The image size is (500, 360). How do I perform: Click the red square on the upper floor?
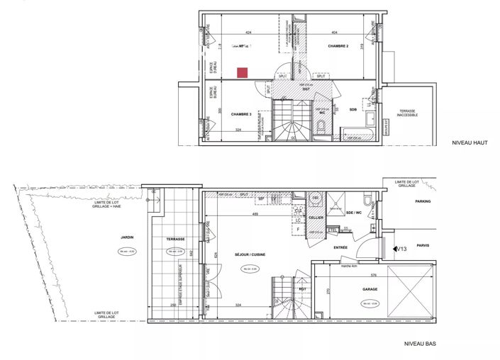[x=243, y=72]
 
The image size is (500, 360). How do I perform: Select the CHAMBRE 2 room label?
[x=338, y=46]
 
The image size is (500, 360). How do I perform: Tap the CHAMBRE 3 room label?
[x=241, y=114]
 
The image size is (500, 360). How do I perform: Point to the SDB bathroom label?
[x=352, y=110]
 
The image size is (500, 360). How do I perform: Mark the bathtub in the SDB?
[x=360, y=133]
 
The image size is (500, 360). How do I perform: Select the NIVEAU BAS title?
[x=419, y=343]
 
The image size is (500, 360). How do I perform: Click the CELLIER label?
[x=316, y=218]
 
